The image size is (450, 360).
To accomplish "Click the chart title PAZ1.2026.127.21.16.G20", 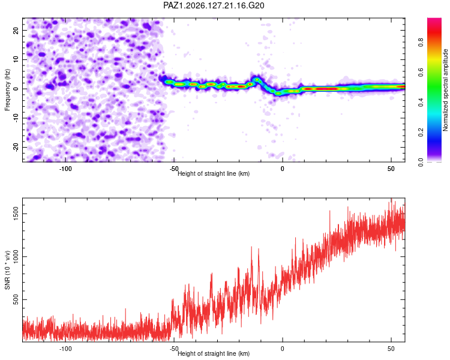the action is click(x=214, y=5).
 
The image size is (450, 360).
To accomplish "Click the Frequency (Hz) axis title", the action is click(x=7, y=90).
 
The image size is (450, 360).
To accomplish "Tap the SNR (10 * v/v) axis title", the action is click(x=7, y=270).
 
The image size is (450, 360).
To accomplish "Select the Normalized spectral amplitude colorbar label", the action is click(x=445, y=90).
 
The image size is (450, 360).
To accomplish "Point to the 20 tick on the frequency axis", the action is click(x=16, y=30).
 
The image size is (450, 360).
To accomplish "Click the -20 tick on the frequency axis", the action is click(x=16, y=147).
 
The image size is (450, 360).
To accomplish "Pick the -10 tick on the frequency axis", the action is click(x=16, y=118).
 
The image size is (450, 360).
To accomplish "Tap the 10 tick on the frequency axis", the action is click(x=16, y=59).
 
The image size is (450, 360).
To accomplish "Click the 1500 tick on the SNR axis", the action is click(x=16, y=214).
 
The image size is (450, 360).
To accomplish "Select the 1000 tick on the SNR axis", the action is click(x=16, y=257).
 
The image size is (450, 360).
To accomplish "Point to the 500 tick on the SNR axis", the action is click(x=16, y=299).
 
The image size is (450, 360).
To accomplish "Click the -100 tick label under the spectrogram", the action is click(x=65, y=169).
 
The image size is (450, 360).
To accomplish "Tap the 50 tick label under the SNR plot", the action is click(x=391, y=349).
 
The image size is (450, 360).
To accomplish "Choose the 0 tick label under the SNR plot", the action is click(x=283, y=349).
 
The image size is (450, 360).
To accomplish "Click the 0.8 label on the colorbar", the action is click(x=421, y=43).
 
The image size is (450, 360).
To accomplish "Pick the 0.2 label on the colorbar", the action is click(x=421, y=133).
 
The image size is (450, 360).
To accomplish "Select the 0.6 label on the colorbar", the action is click(x=421, y=73).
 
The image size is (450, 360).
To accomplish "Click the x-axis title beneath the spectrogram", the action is click(x=214, y=173).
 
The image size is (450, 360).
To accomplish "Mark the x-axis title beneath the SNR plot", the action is click(x=214, y=353).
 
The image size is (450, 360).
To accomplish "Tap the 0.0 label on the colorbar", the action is click(x=421, y=162).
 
